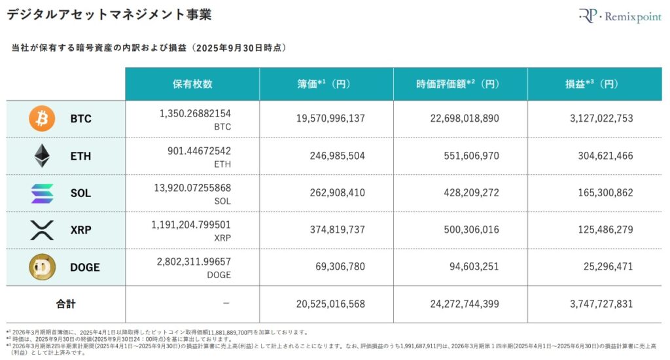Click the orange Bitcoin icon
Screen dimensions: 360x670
pos(42,118)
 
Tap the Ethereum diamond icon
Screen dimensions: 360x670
pos(42,156)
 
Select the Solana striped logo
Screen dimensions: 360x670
pos(42,192)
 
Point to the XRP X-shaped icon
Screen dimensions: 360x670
pos(42,230)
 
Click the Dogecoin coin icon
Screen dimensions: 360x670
pos(42,267)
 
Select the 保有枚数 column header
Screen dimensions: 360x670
pos(192,84)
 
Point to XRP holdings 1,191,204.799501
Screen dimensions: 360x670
pos(190,225)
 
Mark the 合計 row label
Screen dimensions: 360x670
pos(65,304)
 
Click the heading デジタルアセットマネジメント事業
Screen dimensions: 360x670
pos(109,14)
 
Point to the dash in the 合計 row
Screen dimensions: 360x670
pos(226,304)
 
